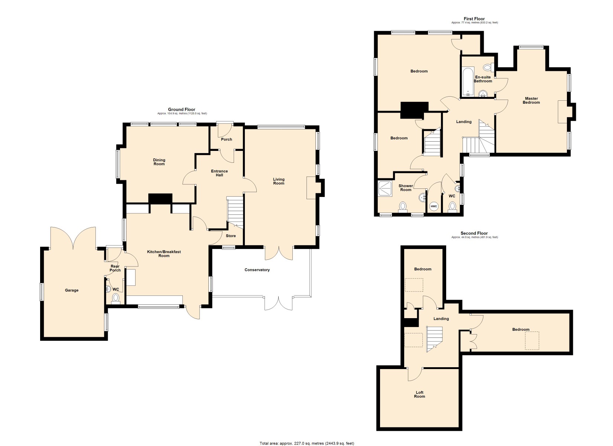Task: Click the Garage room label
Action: tap(72, 290)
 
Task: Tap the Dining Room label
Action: tap(159, 162)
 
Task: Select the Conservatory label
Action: tap(257, 270)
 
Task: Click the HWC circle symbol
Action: tap(434, 206)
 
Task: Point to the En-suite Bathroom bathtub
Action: tap(468, 81)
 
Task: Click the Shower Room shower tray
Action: tap(385, 188)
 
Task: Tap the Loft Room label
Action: tap(419, 394)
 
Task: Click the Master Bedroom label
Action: tap(531, 100)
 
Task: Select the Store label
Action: tap(231, 236)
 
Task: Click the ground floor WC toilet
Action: tap(116, 298)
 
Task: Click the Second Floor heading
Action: tap(474, 233)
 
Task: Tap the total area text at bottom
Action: tap(306, 443)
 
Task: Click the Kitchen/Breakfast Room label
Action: tap(164, 253)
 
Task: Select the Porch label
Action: tap(227, 139)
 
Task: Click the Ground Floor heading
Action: tap(181, 109)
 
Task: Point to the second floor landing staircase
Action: tap(435, 338)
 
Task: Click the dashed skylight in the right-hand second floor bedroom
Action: tap(532, 340)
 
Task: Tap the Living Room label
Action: tap(279, 181)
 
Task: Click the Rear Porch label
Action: tap(115, 268)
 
